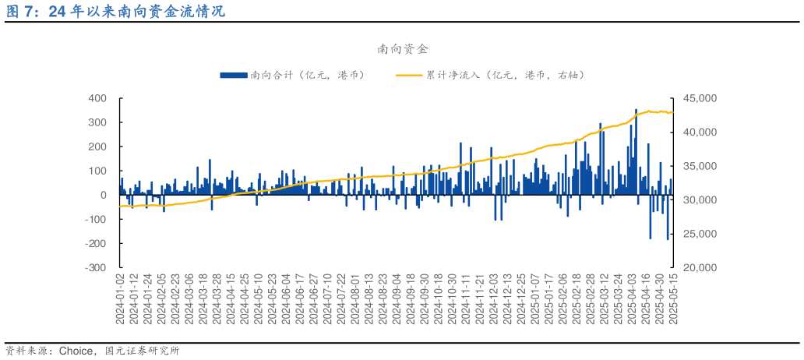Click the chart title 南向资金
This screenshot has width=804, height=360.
(402, 49)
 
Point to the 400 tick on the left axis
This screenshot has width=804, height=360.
(97, 98)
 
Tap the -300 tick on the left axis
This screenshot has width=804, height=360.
(96, 267)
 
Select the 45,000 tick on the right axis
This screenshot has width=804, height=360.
(699, 98)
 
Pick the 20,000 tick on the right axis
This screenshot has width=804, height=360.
(699, 267)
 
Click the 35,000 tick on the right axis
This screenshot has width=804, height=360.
(699, 166)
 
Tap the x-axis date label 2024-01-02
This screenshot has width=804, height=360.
(120, 299)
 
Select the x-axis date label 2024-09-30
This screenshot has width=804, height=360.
(425, 299)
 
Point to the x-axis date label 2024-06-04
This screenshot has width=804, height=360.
(287, 299)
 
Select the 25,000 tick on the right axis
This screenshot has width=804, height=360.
(699, 234)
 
